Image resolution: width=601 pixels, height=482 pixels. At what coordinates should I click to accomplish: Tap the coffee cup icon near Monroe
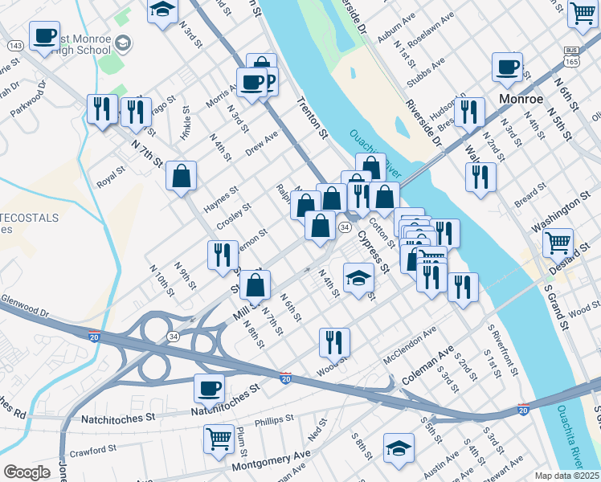507,67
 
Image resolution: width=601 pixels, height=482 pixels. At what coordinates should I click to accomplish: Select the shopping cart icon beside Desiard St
558,241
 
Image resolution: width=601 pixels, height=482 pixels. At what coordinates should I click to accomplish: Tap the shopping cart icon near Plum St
219,439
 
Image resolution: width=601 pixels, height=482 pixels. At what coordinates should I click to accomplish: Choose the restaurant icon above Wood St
333,341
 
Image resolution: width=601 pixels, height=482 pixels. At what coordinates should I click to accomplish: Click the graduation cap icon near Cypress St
358,277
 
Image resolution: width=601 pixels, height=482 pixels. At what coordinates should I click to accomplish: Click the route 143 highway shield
15,47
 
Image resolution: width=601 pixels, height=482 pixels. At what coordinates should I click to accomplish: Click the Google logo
27,472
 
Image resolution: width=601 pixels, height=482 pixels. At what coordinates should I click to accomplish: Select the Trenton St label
313,116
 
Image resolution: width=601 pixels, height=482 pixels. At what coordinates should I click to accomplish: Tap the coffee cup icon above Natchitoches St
209,388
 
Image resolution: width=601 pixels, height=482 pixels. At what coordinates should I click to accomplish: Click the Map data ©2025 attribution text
568,476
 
